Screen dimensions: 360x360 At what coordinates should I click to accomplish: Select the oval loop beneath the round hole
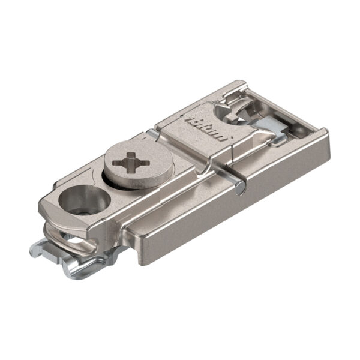(x=66, y=237)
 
